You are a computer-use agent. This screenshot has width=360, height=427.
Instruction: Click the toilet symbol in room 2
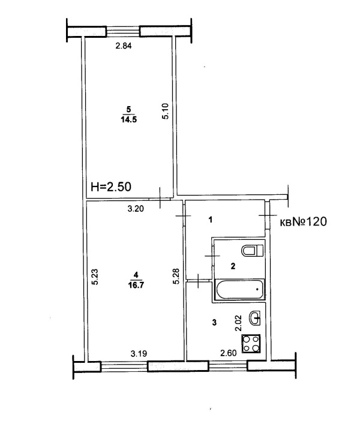pos(253,250)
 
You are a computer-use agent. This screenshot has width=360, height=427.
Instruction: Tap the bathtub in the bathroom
pos(240,288)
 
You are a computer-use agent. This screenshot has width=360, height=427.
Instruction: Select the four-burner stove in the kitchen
pos(251,344)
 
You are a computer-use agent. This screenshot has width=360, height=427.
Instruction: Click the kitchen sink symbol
pos(254,318)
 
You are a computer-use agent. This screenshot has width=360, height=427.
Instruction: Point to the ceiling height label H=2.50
pos(111,187)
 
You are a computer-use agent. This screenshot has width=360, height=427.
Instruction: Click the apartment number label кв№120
pos(304,222)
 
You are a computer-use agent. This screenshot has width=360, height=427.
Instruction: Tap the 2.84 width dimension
pos(124,46)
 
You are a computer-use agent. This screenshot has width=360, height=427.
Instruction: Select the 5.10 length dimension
pos(166,111)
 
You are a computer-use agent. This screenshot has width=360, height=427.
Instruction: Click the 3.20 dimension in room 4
pos(136,209)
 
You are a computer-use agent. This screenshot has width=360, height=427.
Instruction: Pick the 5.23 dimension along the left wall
pos(95,277)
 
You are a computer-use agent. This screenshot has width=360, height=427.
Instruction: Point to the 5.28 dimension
pos(176,276)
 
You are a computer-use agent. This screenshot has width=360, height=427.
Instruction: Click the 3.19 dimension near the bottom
pos(139,354)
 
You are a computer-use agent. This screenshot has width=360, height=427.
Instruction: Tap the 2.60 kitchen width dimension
pos(229,353)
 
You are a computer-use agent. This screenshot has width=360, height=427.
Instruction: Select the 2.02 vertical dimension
pos(238,323)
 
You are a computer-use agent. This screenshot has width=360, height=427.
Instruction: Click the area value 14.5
pos(128,119)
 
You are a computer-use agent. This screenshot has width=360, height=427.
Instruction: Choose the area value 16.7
pos(136,285)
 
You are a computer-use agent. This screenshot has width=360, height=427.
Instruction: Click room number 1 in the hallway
pos(211,219)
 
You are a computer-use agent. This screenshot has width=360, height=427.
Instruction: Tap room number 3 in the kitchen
pos(214,323)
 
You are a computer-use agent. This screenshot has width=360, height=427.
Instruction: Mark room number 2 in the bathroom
pos(233,266)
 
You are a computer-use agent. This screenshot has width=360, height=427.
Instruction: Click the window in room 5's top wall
pos(123,31)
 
